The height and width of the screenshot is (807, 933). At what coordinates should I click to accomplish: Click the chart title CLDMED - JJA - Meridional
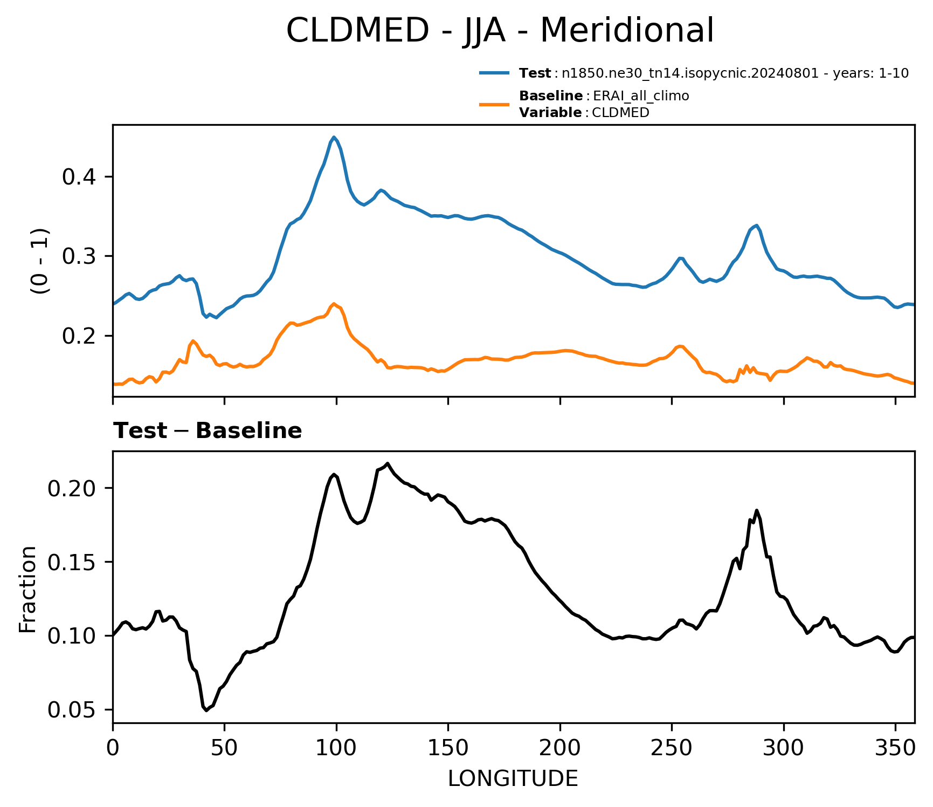pyautogui.click(x=500, y=30)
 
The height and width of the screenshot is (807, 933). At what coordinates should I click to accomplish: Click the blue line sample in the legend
pyautogui.click(x=494, y=73)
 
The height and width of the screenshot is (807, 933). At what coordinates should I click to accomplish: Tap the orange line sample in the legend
pyautogui.click(x=494, y=104)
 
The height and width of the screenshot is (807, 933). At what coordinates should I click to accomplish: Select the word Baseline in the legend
pyautogui.click(x=551, y=96)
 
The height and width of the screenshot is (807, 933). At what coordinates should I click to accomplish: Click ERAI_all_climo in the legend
pyautogui.click(x=641, y=97)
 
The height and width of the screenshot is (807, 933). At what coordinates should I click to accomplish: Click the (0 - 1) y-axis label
pyautogui.click(x=40, y=261)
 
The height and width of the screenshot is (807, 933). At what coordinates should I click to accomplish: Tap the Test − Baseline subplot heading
pyautogui.click(x=208, y=431)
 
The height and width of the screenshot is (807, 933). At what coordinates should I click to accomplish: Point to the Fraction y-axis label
pyautogui.click(x=27, y=589)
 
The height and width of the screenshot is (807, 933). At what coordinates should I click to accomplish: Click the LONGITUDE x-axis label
pyautogui.click(x=513, y=778)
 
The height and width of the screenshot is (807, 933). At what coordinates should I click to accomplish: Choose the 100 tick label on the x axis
pyautogui.click(x=336, y=747)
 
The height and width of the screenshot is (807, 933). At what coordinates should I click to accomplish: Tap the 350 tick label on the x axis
pyautogui.click(x=895, y=747)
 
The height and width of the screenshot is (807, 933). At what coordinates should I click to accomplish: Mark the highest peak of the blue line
pyautogui.click(x=334, y=137)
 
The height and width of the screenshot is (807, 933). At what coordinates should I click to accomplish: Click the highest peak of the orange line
pyautogui.click(x=334, y=304)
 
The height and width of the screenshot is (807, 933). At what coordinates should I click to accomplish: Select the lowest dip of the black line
pyautogui.click(x=206, y=710)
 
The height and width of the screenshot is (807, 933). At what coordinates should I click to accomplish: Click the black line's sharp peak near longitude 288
pyautogui.click(x=757, y=510)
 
